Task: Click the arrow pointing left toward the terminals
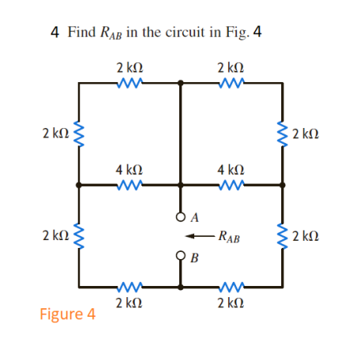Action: [x=203, y=235]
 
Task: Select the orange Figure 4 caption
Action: [x=67, y=314]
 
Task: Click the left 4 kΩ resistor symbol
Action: [x=128, y=186]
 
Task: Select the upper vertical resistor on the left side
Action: [x=78, y=131]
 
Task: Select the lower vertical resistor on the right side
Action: [x=283, y=235]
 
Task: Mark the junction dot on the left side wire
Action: [x=78, y=186]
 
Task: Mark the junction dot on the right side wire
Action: [x=283, y=186]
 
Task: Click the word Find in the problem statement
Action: [x=81, y=33]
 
